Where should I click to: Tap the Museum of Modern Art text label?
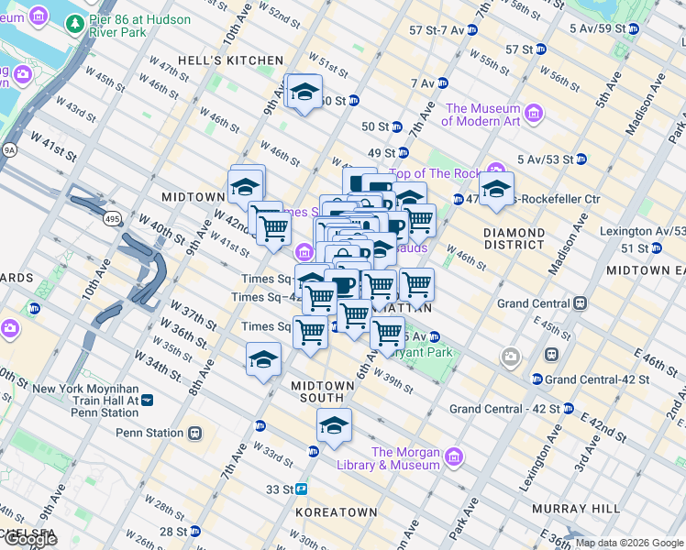click(482, 115)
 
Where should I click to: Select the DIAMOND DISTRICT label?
click(514, 238)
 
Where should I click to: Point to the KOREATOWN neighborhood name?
click(337, 511)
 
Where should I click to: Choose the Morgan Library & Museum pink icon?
click(453, 456)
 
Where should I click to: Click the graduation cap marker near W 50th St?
click(304, 92)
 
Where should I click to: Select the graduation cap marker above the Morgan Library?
click(334, 425)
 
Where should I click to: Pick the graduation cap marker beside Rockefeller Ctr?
click(496, 189)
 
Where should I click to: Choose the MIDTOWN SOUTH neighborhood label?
click(317, 392)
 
